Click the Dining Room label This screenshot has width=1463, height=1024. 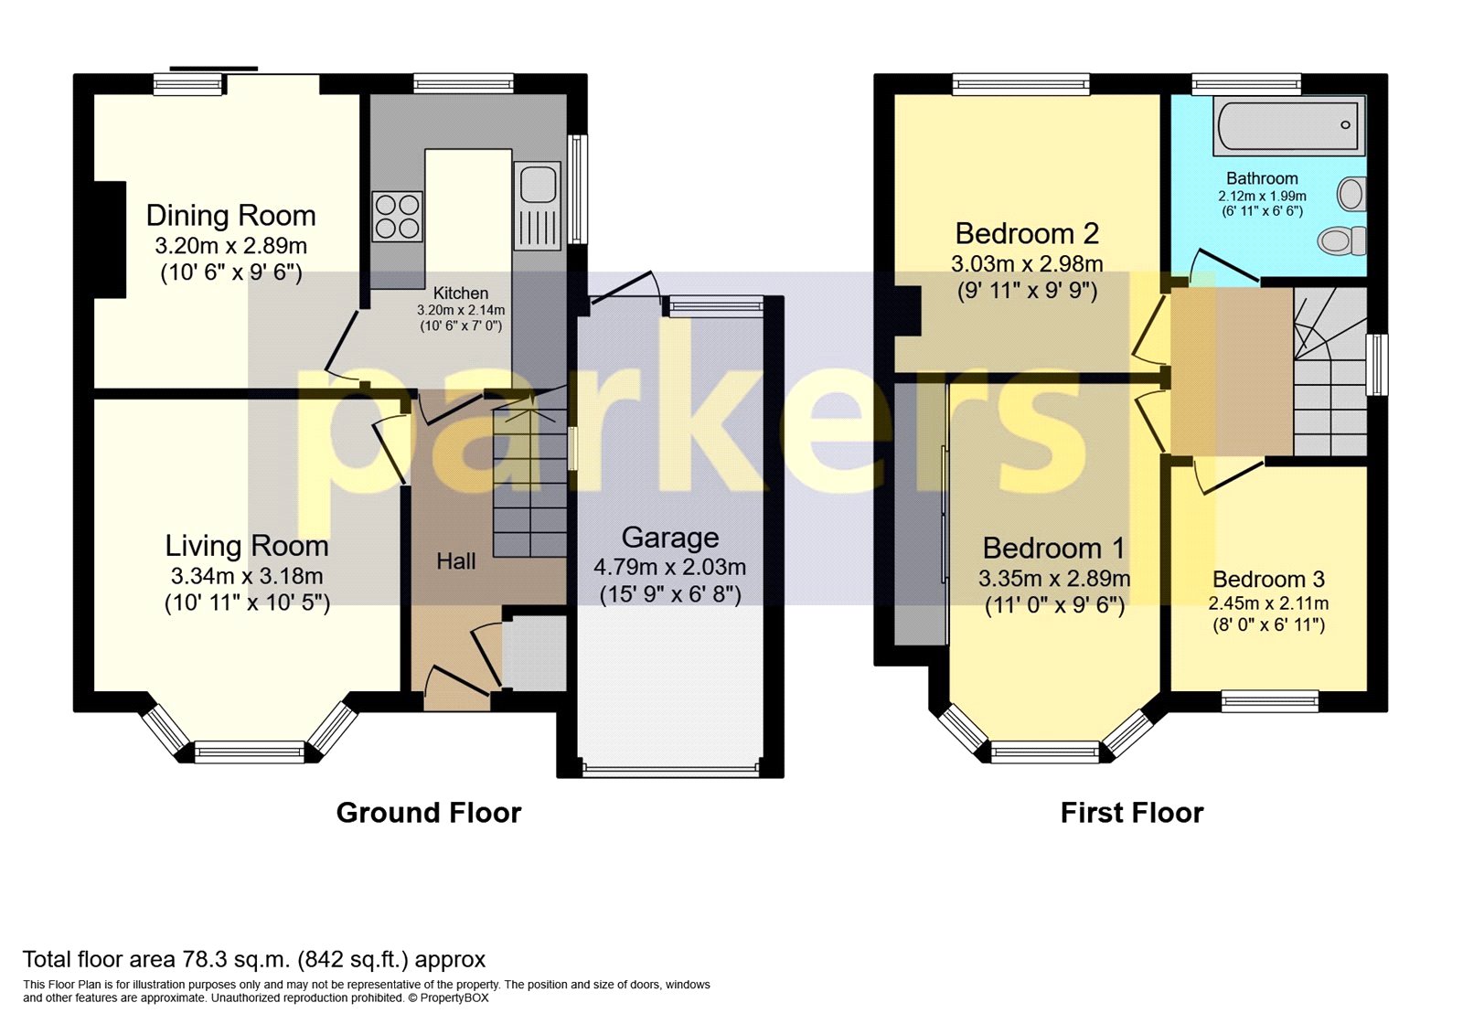pyautogui.click(x=230, y=216)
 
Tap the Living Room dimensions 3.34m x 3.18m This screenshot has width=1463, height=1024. pyautogui.click(x=246, y=576)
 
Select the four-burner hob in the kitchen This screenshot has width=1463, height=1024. pyautogui.click(x=398, y=217)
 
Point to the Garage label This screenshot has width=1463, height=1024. pyautogui.click(x=670, y=538)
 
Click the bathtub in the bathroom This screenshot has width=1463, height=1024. pyautogui.click(x=1287, y=127)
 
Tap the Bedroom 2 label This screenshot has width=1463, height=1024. pyautogui.click(x=1027, y=234)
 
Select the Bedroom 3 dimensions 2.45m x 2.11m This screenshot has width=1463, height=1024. pyautogui.click(x=1268, y=603)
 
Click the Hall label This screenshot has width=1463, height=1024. pyautogui.click(x=455, y=561)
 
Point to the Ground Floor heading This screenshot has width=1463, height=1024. pyautogui.click(x=428, y=813)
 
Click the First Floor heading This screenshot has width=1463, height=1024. pyautogui.click(x=1131, y=813)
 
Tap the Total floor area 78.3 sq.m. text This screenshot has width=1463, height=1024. pyautogui.click(x=254, y=959)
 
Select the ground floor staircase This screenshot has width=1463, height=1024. pyautogui.click(x=529, y=485)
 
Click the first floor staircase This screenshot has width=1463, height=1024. pyautogui.click(x=1329, y=375)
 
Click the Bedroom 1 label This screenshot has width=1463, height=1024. pyautogui.click(x=1053, y=549)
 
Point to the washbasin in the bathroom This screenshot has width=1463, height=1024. pyautogui.click(x=1351, y=194)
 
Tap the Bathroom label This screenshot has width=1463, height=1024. pyautogui.click(x=1262, y=179)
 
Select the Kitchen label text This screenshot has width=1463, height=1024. pyautogui.click(x=460, y=293)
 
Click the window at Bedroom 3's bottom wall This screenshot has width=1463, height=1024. pyautogui.click(x=1270, y=701)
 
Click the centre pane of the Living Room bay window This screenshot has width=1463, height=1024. pyautogui.click(x=249, y=752)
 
